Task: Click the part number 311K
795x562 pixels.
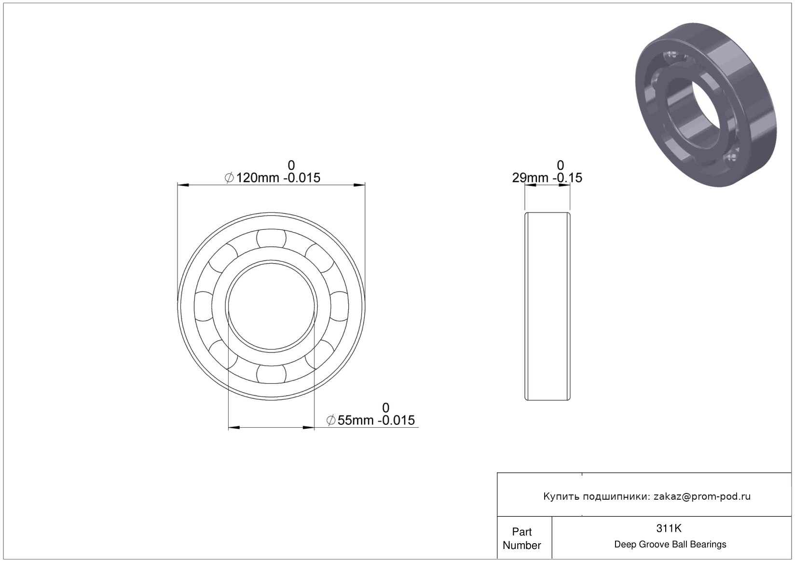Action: (x=669, y=528)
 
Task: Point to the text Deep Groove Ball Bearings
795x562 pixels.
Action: (x=670, y=544)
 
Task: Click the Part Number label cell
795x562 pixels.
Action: (x=522, y=538)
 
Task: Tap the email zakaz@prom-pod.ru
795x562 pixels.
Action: (x=702, y=496)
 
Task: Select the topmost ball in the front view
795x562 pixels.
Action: (x=271, y=239)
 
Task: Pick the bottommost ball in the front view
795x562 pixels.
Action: (x=271, y=374)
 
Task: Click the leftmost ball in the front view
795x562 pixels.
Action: (x=204, y=306)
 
